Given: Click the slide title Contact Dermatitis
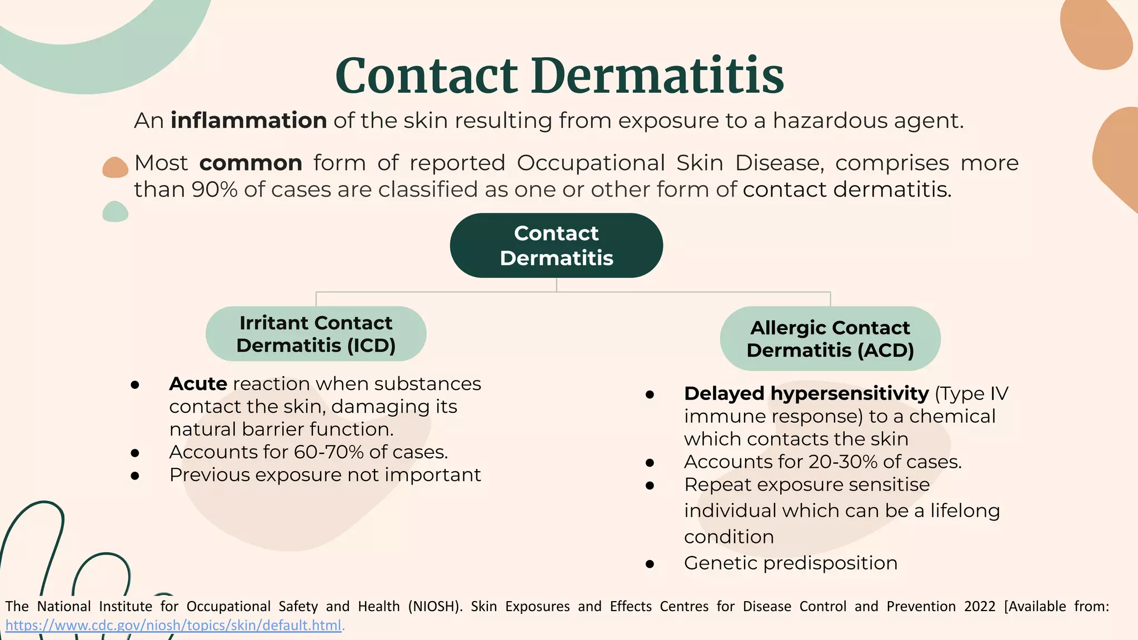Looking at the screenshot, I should (x=560, y=76).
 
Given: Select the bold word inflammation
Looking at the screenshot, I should (x=248, y=121).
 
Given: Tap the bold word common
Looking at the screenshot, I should (x=251, y=163).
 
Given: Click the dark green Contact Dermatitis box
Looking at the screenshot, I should (x=556, y=246).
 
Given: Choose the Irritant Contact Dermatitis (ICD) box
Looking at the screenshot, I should (x=316, y=334).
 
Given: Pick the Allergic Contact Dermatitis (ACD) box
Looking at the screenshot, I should (x=830, y=339).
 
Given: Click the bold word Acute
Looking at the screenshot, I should (x=198, y=384).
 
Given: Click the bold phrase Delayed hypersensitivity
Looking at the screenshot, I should (x=806, y=393).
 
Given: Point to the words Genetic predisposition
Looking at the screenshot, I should (x=790, y=563).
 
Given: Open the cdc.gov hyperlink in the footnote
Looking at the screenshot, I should (x=173, y=626).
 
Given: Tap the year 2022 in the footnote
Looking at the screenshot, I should (x=980, y=606).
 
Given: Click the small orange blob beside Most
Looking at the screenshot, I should (x=115, y=167).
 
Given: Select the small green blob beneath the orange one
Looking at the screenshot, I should (x=115, y=212).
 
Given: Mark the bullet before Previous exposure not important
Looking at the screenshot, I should (x=135, y=476).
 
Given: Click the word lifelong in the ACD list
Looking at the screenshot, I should (x=965, y=511).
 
